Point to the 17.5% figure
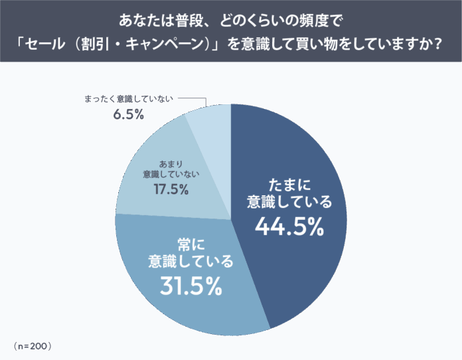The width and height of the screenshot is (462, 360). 171,189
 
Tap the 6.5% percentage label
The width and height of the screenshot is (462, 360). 128,114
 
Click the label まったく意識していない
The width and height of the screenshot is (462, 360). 128,99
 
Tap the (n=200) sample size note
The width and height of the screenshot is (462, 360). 32,346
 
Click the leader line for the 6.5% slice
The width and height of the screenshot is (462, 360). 193,100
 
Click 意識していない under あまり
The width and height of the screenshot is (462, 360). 171,175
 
